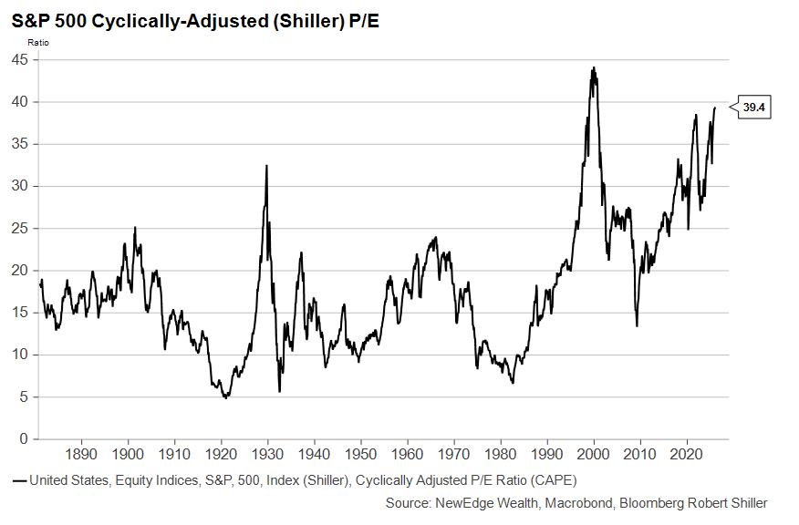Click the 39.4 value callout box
click(x=753, y=108)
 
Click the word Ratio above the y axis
click(x=39, y=42)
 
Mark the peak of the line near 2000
click(x=594, y=67)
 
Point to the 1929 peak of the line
click(x=266, y=166)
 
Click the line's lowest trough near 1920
click(x=225, y=397)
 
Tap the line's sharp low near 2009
click(x=637, y=325)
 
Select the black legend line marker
click(x=19, y=479)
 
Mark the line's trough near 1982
click(x=513, y=382)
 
